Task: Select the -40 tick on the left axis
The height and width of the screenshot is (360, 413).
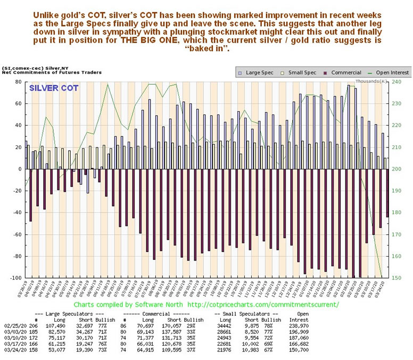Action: tap(16, 212)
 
